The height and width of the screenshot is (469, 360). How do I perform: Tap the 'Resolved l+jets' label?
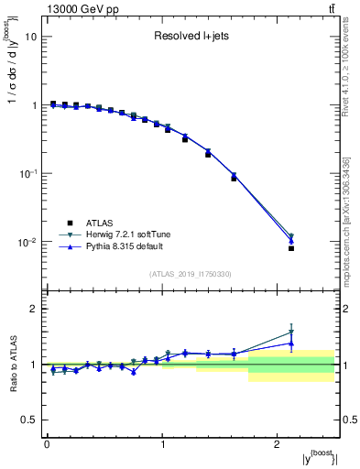tap(191, 37)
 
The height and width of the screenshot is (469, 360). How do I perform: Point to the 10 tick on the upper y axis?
tap(32, 37)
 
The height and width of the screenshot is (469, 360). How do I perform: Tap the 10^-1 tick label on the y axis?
tap(28, 174)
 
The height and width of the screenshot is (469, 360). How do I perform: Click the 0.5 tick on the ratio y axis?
tap(30, 420)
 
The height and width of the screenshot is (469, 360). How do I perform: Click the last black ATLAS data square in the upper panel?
tap(291, 248)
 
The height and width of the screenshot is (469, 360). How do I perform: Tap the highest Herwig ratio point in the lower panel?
tap(291, 333)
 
